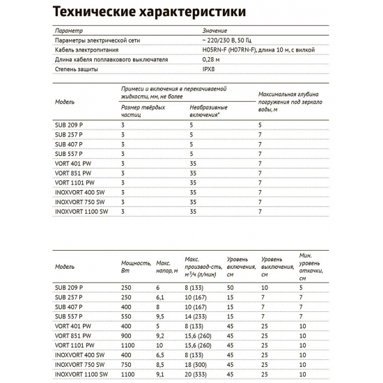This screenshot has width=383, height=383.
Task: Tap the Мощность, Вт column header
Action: tap(135, 267)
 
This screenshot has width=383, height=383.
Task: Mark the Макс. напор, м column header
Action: tap(164, 267)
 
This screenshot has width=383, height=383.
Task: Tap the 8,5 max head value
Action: tap(160, 364)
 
